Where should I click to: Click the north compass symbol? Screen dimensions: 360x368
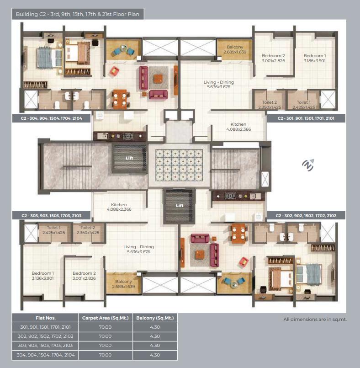tap(308, 165)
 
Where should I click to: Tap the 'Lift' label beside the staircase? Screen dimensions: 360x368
tap(129, 158)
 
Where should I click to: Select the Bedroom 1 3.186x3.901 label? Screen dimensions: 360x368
tap(314, 58)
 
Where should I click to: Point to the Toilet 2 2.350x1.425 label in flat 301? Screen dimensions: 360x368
tap(270, 105)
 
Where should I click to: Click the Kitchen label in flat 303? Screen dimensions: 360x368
tap(119, 207)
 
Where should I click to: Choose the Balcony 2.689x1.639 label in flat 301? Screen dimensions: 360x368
tap(235, 49)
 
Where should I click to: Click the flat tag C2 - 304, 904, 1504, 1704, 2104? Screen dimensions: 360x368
tap(51, 118)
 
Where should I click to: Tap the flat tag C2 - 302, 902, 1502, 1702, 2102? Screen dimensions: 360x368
tap(306, 215)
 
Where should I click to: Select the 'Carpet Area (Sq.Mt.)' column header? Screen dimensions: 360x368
tap(105, 318)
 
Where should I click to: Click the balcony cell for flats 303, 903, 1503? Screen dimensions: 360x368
tap(155, 346)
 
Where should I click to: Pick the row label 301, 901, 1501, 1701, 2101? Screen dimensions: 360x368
tap(45, 327)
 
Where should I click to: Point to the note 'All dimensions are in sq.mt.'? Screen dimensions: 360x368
tap(315, 319)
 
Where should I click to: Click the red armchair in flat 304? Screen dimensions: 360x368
tap(114, 71)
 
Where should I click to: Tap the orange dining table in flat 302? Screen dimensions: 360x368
tap(239, 233)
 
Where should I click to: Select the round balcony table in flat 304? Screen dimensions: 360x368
tap(123, 48)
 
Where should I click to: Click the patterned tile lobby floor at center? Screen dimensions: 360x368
tap(179, 165)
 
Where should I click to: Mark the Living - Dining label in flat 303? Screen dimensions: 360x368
tap(138, 249)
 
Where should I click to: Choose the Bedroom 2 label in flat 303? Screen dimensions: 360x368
tap(84, 276)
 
